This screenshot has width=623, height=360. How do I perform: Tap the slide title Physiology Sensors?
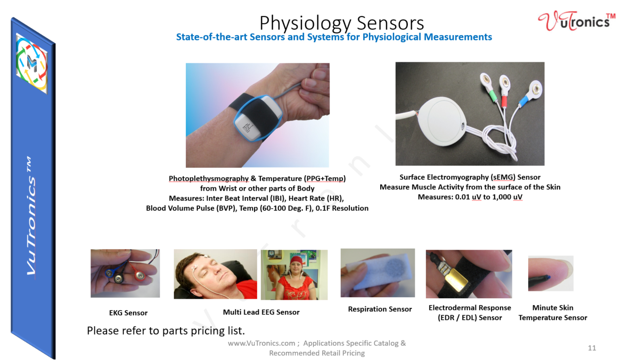(341, 23)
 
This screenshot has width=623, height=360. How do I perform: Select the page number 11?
(592, 348)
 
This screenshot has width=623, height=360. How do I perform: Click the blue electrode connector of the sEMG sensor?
(523, 99)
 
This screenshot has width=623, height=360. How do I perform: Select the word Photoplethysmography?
(209, 179)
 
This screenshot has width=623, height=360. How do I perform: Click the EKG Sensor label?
(128, 313)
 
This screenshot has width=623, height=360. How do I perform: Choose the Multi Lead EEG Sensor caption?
(261, 312)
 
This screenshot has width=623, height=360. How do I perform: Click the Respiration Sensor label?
(380, 309)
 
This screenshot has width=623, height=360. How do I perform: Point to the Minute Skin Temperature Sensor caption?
(552, 313)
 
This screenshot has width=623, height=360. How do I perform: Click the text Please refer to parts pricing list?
(165, 331)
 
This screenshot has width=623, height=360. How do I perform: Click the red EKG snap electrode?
(140, 275)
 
